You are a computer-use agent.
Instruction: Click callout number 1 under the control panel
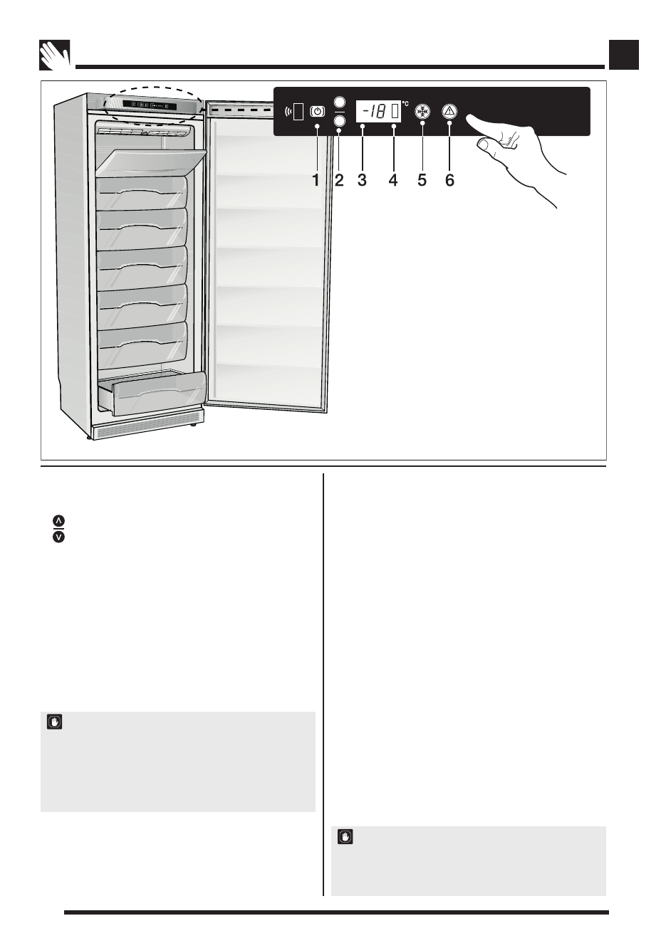[316, 180]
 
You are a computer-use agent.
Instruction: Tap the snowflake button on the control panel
[422, 111]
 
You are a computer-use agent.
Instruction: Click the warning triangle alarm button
[449, 111]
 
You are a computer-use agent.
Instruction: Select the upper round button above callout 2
[340, 102]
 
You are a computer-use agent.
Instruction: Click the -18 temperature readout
[373, 111]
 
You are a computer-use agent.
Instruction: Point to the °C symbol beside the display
[405, 104]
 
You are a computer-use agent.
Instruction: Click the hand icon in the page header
[55, 55]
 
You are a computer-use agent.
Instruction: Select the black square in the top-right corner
[624, 54]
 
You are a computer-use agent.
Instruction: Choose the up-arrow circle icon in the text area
[58, 521]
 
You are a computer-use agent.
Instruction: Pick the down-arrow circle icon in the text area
[58, 537]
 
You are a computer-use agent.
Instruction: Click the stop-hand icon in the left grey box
[55, 722]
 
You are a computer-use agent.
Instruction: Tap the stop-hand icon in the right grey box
[345, 836]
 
